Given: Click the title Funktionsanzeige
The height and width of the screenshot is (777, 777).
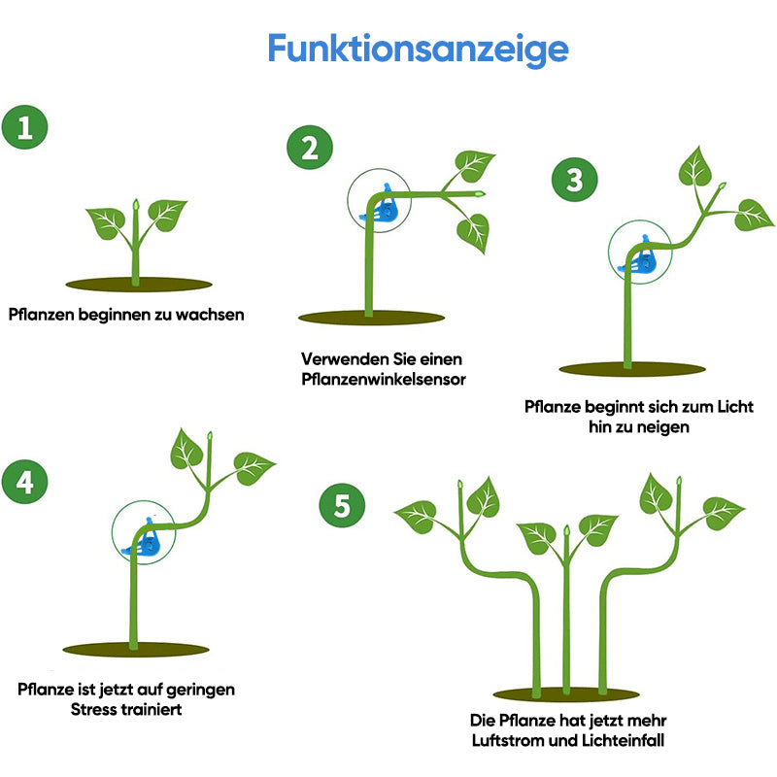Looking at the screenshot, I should tap(418, 49).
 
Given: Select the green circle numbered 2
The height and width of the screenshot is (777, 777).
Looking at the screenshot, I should tap(310, 149).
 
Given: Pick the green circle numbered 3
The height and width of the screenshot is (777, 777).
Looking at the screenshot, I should tap(575, 180).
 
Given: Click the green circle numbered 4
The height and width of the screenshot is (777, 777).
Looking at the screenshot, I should tap(25, 483).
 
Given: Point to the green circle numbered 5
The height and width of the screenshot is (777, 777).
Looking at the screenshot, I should tap(342, 505).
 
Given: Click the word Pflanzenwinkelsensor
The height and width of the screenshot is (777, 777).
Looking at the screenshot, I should tap(384, 379).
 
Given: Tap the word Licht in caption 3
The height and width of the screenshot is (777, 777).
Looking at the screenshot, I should tap(732, 406).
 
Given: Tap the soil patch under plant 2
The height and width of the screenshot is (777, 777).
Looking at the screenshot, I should tap(371, 318).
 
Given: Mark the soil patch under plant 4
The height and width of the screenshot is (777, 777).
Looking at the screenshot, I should tap(135, 649).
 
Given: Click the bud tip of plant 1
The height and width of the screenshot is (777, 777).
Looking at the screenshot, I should tap(136, 205).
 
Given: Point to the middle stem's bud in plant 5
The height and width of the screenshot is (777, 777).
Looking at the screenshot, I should tap(566, 531).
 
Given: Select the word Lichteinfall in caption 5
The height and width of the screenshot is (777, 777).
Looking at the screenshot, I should tap(622, 740).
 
